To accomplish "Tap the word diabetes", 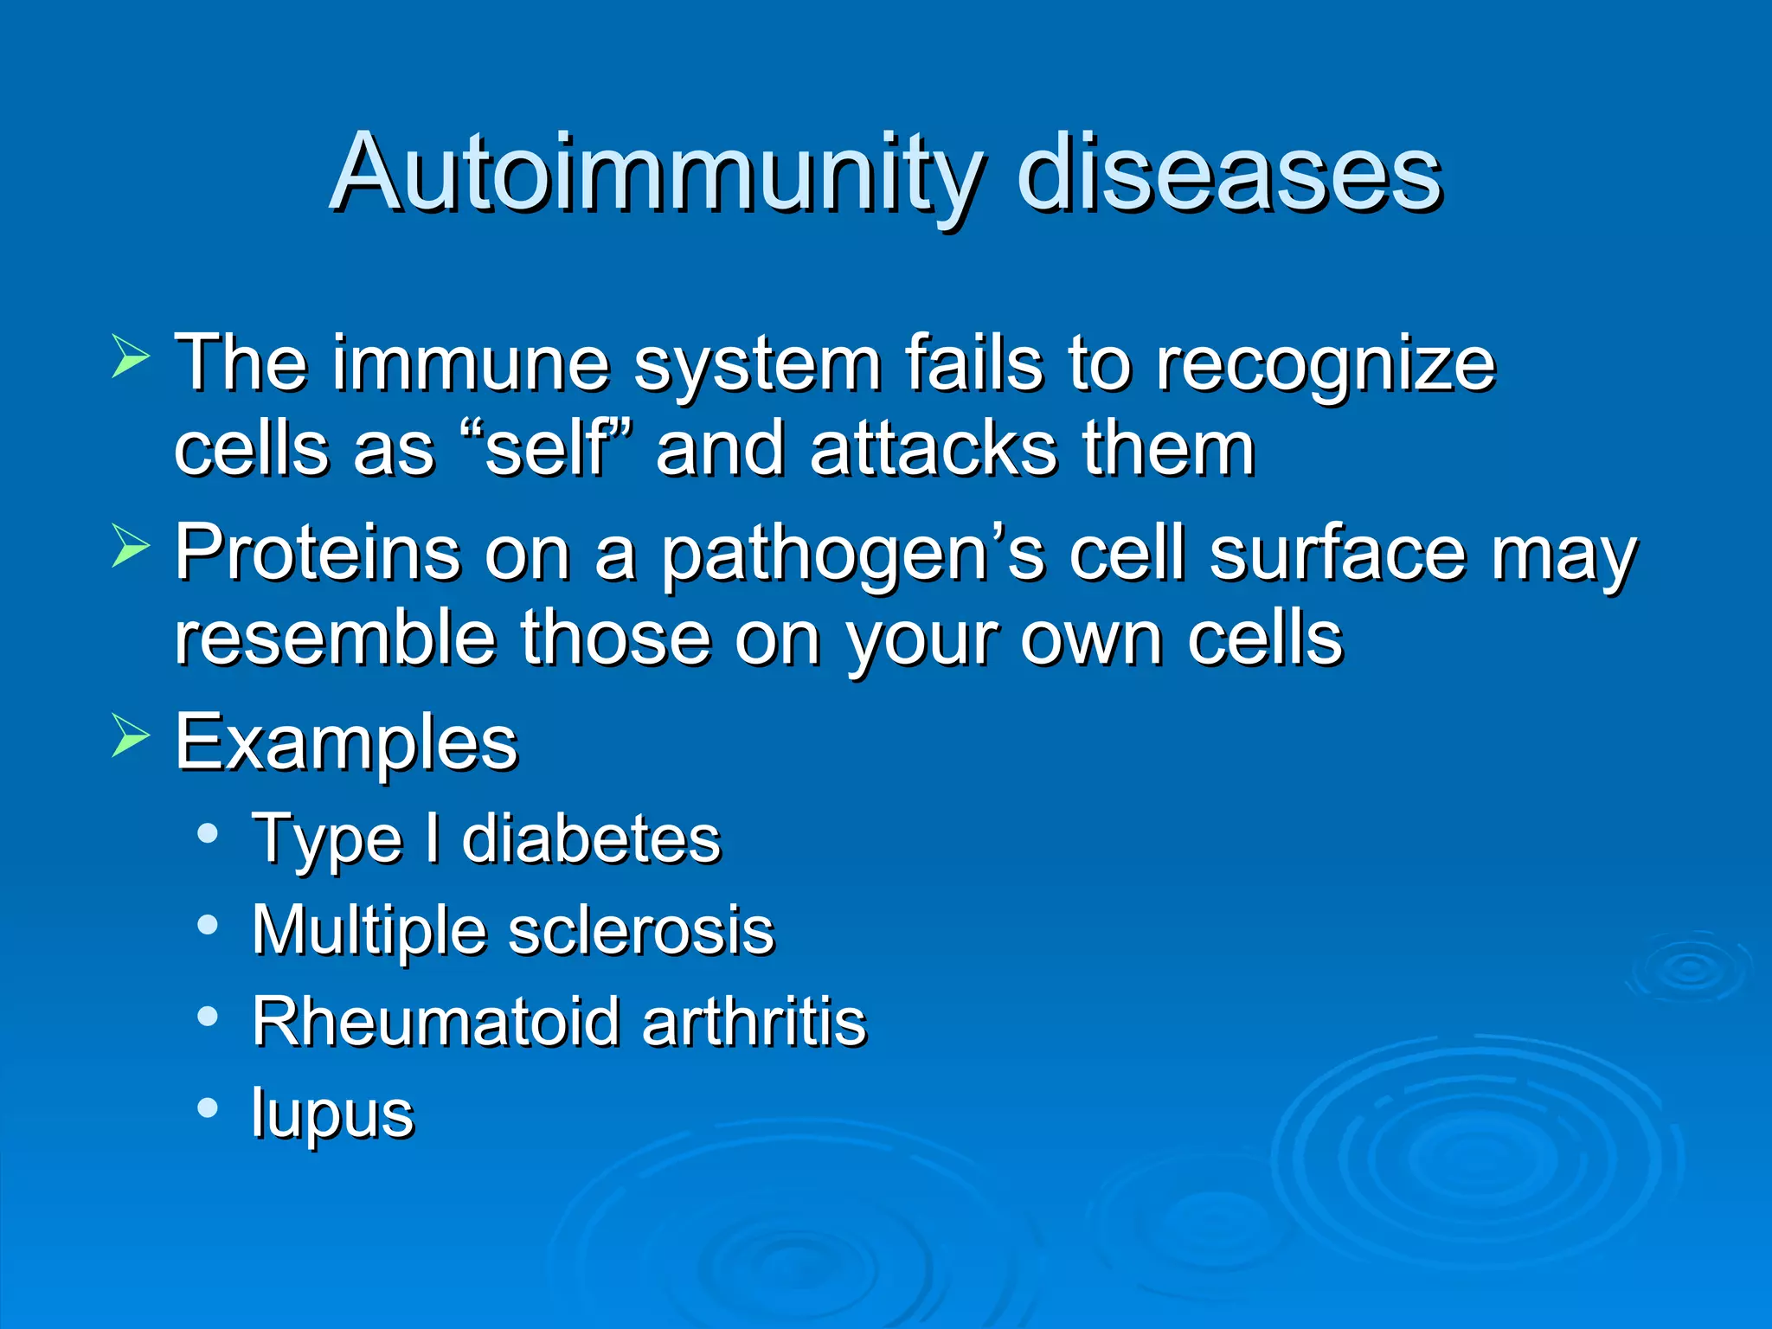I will tap(591, 839).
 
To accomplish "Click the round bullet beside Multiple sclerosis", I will tap(208, 926).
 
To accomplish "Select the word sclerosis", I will tap(641, 931).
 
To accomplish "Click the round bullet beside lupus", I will tap(208, 1108).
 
